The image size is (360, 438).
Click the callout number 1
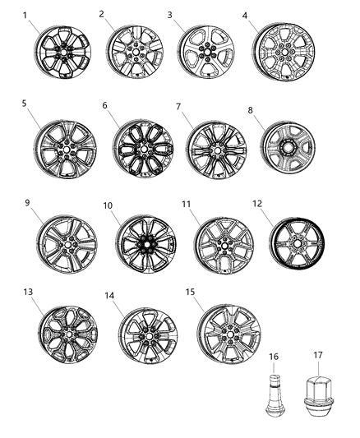25,15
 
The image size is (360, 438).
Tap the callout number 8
250,110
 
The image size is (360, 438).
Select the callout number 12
257,204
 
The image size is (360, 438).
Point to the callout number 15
190,292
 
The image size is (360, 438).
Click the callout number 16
274,357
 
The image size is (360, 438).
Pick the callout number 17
318,355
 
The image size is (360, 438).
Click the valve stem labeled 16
274,394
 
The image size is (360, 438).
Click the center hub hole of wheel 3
207,52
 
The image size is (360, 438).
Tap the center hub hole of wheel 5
67,150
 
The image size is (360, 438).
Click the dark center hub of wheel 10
146,244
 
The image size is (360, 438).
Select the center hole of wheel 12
297,243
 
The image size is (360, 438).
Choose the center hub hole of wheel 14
149,336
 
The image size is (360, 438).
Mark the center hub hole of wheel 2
136,52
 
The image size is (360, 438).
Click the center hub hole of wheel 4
285,53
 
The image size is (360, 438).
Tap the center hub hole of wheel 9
67,245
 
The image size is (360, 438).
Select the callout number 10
108,205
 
